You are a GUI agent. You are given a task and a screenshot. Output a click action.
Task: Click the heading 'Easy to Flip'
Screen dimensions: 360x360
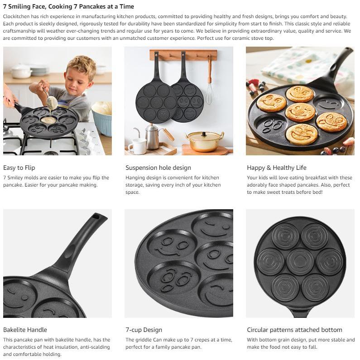point(19,168)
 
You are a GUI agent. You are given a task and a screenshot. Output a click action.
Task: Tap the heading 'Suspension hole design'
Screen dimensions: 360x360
point(158,168)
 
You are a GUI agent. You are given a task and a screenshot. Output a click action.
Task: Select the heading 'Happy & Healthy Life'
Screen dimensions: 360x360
point(277,168)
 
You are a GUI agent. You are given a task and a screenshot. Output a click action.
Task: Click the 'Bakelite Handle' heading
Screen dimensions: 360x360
point(25,330)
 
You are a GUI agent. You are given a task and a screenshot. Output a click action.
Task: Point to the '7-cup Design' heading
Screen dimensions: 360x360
point(144,330)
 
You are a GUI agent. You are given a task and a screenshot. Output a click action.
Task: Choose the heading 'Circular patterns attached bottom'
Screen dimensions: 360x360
point(295,330)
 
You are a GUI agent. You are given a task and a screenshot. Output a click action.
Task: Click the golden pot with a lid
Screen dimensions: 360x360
point(205,141)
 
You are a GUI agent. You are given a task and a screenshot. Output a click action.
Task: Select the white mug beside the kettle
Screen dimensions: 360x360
point(137,146)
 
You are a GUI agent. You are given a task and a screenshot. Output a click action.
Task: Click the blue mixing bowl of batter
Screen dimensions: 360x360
point(102,118)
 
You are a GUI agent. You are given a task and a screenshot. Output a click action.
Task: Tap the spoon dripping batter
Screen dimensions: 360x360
point(51,100)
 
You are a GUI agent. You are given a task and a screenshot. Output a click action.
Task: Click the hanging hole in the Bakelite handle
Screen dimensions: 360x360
point(96,216)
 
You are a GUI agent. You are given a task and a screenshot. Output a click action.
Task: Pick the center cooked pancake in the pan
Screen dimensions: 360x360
point(300,112)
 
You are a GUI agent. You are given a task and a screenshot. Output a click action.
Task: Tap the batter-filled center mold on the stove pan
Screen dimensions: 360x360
point(48,120)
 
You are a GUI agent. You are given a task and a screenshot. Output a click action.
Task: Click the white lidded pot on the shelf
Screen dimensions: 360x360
point(22,71)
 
